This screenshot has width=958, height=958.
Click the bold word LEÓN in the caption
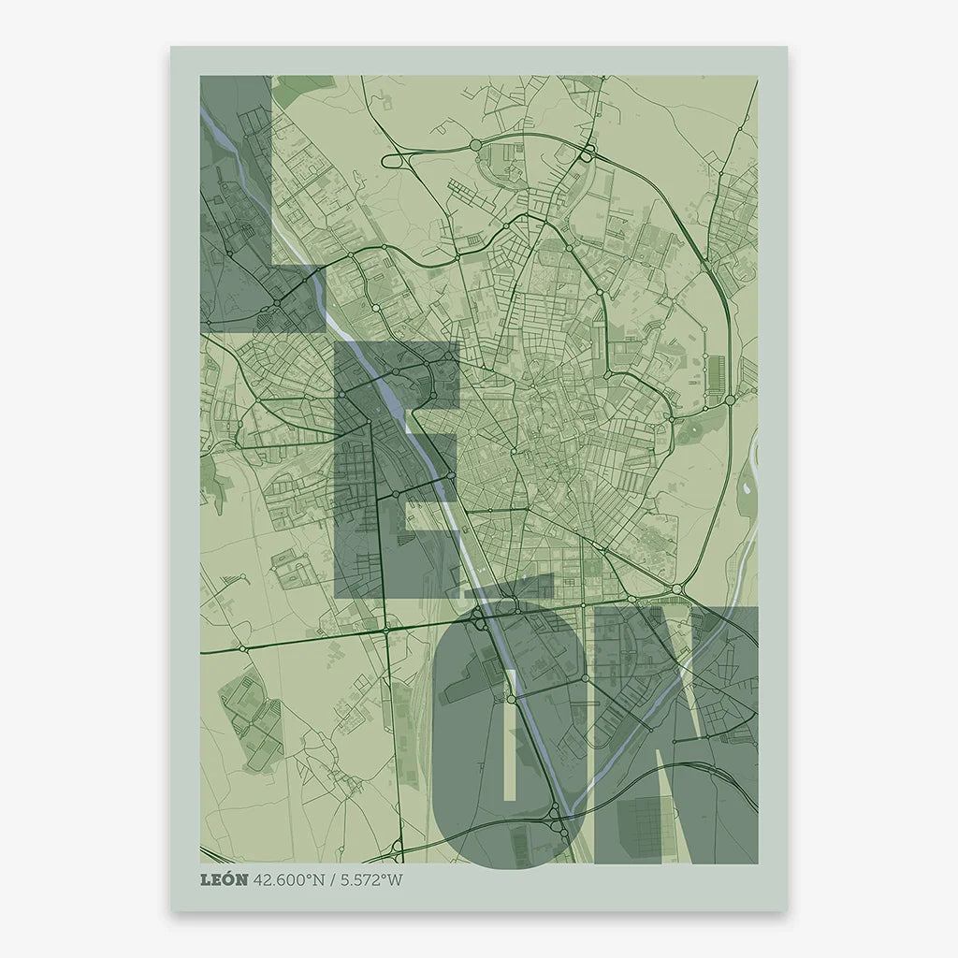click(x=225, y=879)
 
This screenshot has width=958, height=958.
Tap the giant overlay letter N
click(x=711, y=739)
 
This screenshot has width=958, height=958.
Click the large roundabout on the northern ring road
click(x=475, y=145)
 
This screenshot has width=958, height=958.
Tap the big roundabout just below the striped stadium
click(x=730, y=400)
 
